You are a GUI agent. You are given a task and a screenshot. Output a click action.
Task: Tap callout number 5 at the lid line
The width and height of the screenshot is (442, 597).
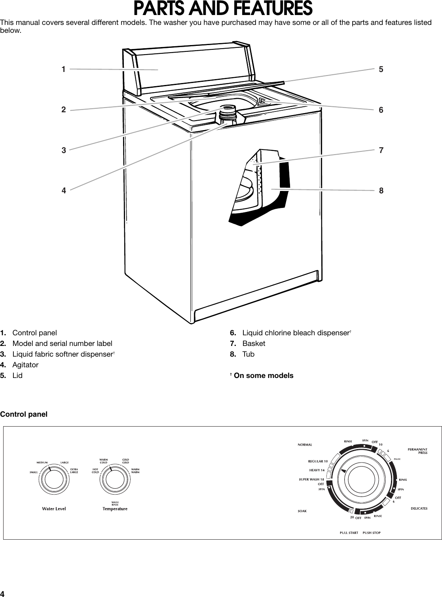point(381,69)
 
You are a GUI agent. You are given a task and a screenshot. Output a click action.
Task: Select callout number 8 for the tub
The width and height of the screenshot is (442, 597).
point(381,191)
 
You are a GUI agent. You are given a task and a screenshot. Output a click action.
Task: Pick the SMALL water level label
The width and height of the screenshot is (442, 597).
point(34,472)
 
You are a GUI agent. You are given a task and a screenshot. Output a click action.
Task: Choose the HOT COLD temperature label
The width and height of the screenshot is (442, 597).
point(95,470)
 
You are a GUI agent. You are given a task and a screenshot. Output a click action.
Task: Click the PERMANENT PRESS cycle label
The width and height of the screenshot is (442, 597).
point(417,451)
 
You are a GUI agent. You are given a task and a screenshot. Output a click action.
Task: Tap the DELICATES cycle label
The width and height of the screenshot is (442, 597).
point(419,508)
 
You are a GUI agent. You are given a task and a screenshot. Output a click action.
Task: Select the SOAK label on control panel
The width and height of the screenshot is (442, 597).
point(302,511)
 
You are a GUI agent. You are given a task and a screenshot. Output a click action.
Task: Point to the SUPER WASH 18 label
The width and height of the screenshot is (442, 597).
point(311,479)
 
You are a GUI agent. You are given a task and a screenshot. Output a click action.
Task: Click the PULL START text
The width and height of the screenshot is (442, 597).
point(349,533)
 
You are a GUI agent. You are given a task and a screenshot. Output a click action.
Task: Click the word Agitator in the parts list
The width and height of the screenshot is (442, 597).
point(25,365)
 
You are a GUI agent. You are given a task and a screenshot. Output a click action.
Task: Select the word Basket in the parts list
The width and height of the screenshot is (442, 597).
point(254,343)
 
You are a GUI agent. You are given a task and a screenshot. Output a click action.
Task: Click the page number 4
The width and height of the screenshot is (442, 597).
point(3,593)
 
